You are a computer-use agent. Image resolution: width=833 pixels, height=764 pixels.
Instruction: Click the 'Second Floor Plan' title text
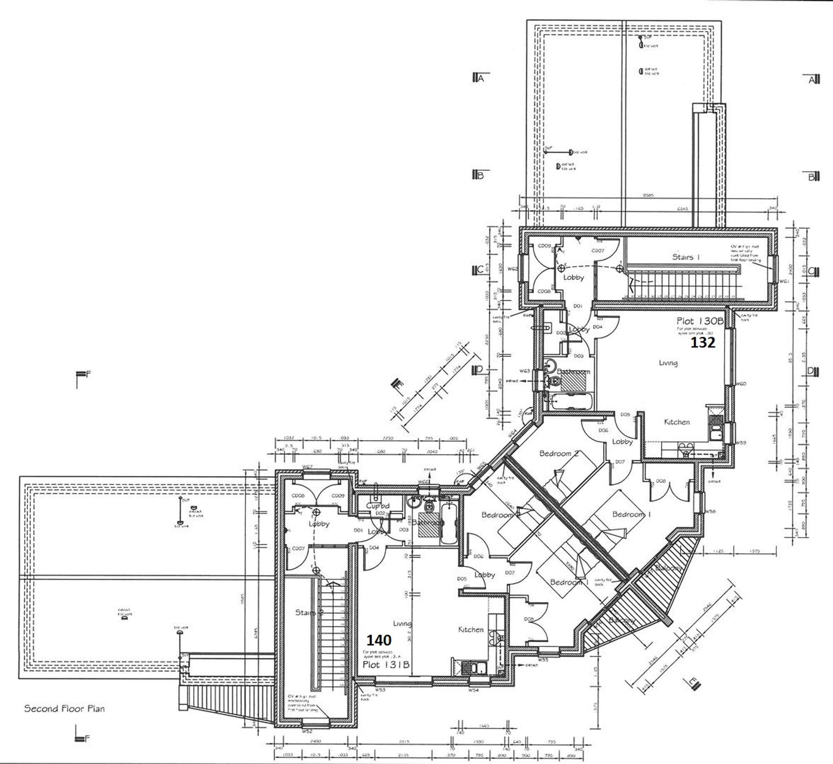(64, 709)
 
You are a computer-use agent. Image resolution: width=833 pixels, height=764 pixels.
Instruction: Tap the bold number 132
(703, 342)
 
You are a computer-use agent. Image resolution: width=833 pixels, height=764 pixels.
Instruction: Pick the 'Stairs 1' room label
(686, 257)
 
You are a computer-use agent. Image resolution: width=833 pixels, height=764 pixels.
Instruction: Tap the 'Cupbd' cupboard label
(378, 506)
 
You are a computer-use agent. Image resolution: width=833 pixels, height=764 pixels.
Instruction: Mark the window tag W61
(784, 281)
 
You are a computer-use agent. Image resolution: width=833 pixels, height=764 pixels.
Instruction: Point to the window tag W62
(512, 269)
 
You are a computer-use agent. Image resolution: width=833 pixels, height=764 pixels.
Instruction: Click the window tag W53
(379, 690)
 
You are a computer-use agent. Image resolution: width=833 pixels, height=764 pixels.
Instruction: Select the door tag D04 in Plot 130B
(597, 327)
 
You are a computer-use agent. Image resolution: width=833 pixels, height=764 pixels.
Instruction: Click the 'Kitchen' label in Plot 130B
(676, 422)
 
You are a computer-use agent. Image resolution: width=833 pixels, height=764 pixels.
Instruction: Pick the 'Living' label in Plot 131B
(402, 623)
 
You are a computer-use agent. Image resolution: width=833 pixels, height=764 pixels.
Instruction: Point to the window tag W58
(710, 512)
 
